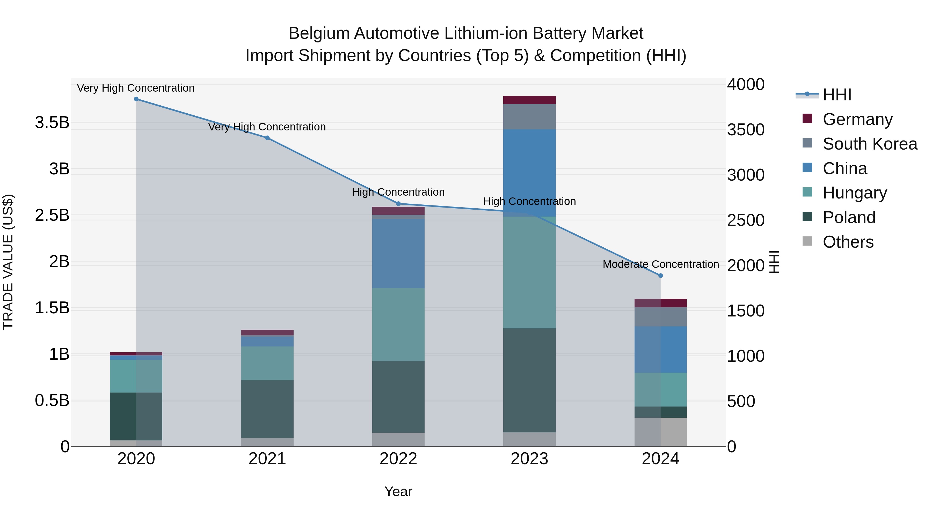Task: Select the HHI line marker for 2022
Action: tap(398, 204)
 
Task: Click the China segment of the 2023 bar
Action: tap(529, 173)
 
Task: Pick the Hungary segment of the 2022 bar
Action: tap(398, 324)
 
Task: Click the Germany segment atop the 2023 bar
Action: tap(529, 100)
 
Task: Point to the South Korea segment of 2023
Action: tap(529, 117)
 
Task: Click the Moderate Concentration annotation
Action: tap(661, 264)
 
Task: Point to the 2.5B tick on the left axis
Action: tap(52, 216)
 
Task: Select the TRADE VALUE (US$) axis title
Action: tap(8, 262)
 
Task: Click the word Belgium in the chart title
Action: tap(318, 34)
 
